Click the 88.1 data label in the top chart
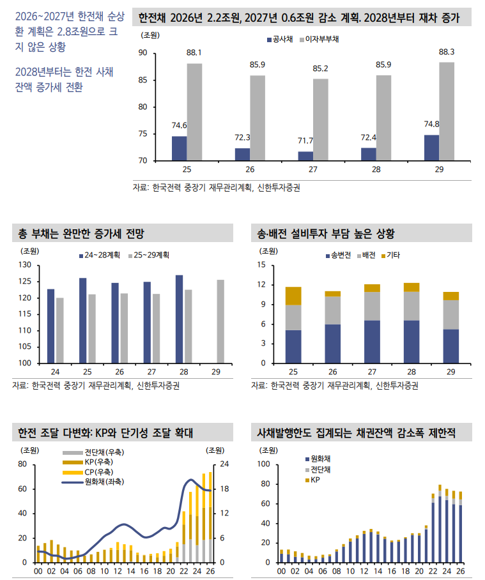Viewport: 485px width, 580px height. click(194, 52)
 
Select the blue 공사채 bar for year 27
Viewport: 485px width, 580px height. click(305, 156)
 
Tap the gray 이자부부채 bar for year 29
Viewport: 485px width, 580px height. click(447, 111)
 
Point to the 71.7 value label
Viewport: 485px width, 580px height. click(305, 141)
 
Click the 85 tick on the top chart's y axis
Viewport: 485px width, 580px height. click(142, 80)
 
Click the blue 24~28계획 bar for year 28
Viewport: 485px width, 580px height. click(180, 319)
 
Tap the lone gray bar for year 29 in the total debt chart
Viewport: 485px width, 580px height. click(220, 321)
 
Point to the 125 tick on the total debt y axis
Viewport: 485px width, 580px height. click(25, 282)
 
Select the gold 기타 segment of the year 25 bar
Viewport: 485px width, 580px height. click(293, 296)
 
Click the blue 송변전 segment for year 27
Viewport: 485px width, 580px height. click(372, 342)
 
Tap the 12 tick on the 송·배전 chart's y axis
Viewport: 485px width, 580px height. click(261, 284)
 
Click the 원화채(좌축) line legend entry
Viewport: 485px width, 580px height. click(97, 481)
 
